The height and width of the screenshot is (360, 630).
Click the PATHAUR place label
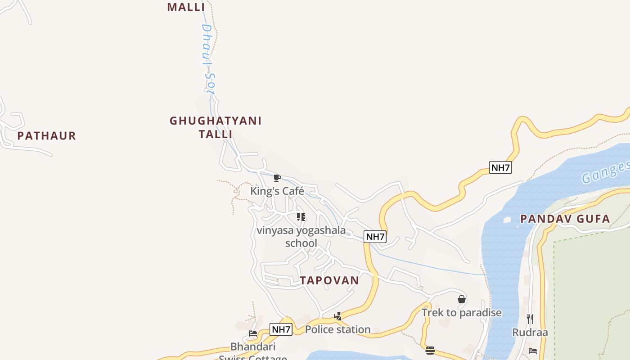[x=47, y=135]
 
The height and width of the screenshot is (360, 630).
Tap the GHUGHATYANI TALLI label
[x=216, y=127]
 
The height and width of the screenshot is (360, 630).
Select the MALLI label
[x=186, y=7]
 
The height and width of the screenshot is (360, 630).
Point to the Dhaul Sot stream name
[x=207, y=58]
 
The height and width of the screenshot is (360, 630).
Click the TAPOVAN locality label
[x=330, y=280]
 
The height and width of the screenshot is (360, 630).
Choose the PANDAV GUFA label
[x=565, y=219]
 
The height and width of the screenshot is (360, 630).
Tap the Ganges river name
[x=605, y=173]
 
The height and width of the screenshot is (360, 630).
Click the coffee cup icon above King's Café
[x=277, y=178]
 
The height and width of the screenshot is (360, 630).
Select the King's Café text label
[x=277, y=191]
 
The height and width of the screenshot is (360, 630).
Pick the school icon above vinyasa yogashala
[x=301, y=217]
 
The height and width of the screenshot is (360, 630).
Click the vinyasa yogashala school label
[x=301, y=237]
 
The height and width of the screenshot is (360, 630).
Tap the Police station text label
[x=338, y=329]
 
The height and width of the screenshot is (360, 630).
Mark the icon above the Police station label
[x=338, y=316]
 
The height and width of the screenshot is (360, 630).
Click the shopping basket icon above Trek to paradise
[x=461, y=299]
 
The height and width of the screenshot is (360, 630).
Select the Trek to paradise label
[x=461, y=312]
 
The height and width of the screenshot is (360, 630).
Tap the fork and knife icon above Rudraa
[x=530, y=319]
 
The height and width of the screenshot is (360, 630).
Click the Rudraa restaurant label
[x=530, y=333]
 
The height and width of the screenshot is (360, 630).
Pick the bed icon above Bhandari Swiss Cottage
[x=253, y=334]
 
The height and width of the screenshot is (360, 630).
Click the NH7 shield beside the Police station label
[x=281, y=329]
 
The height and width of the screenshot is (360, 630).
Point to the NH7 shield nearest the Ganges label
[x=500, y=168]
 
